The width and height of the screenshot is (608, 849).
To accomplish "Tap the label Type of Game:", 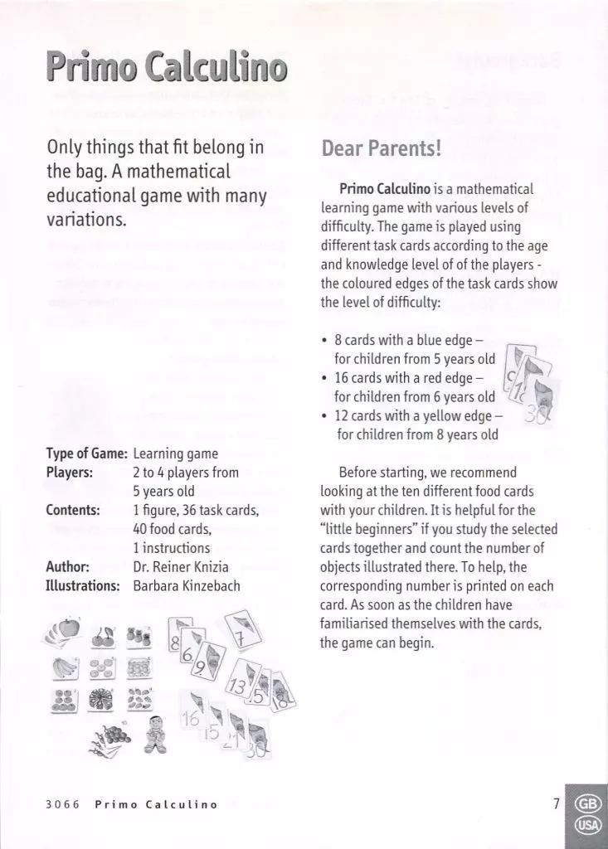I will (x=86, y=454).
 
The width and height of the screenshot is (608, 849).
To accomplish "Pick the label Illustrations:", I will (x=84, y=585).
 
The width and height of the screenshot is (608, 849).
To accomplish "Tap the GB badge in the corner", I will (x=587, y=803).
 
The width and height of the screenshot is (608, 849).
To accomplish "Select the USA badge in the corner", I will (x=587, y=827).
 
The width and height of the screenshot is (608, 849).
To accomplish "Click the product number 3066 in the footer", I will (x=61, y=804).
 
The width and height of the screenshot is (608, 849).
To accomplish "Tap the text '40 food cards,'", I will (x=172, y=529).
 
